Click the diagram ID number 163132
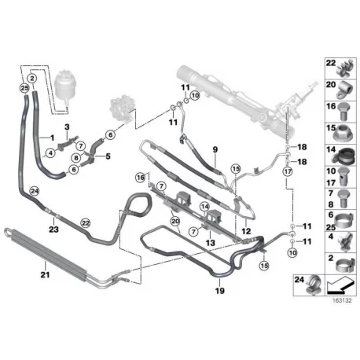(x=342, y=300)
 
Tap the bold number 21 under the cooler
(x=45, y=275)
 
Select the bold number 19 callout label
(x=220, y=291)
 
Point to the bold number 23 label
(x=53, y=230)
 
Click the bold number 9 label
(x=215, y=149)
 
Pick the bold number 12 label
(x=246, y=231)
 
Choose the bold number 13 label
(x=211, y=243)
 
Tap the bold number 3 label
(x=67, y=127)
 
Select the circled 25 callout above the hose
(x=24, y=89)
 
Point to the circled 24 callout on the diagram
(x=35, y=191)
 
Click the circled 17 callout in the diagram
(x=288, y=172)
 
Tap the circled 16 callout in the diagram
(x=141, y=178)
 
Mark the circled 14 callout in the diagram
(x=205, y=207)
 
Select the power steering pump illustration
(x=120, y=109)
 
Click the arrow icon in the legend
(x=340, y=286)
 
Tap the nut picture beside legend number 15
(x=343, y=134)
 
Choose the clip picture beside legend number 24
(x=314, y=285)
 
